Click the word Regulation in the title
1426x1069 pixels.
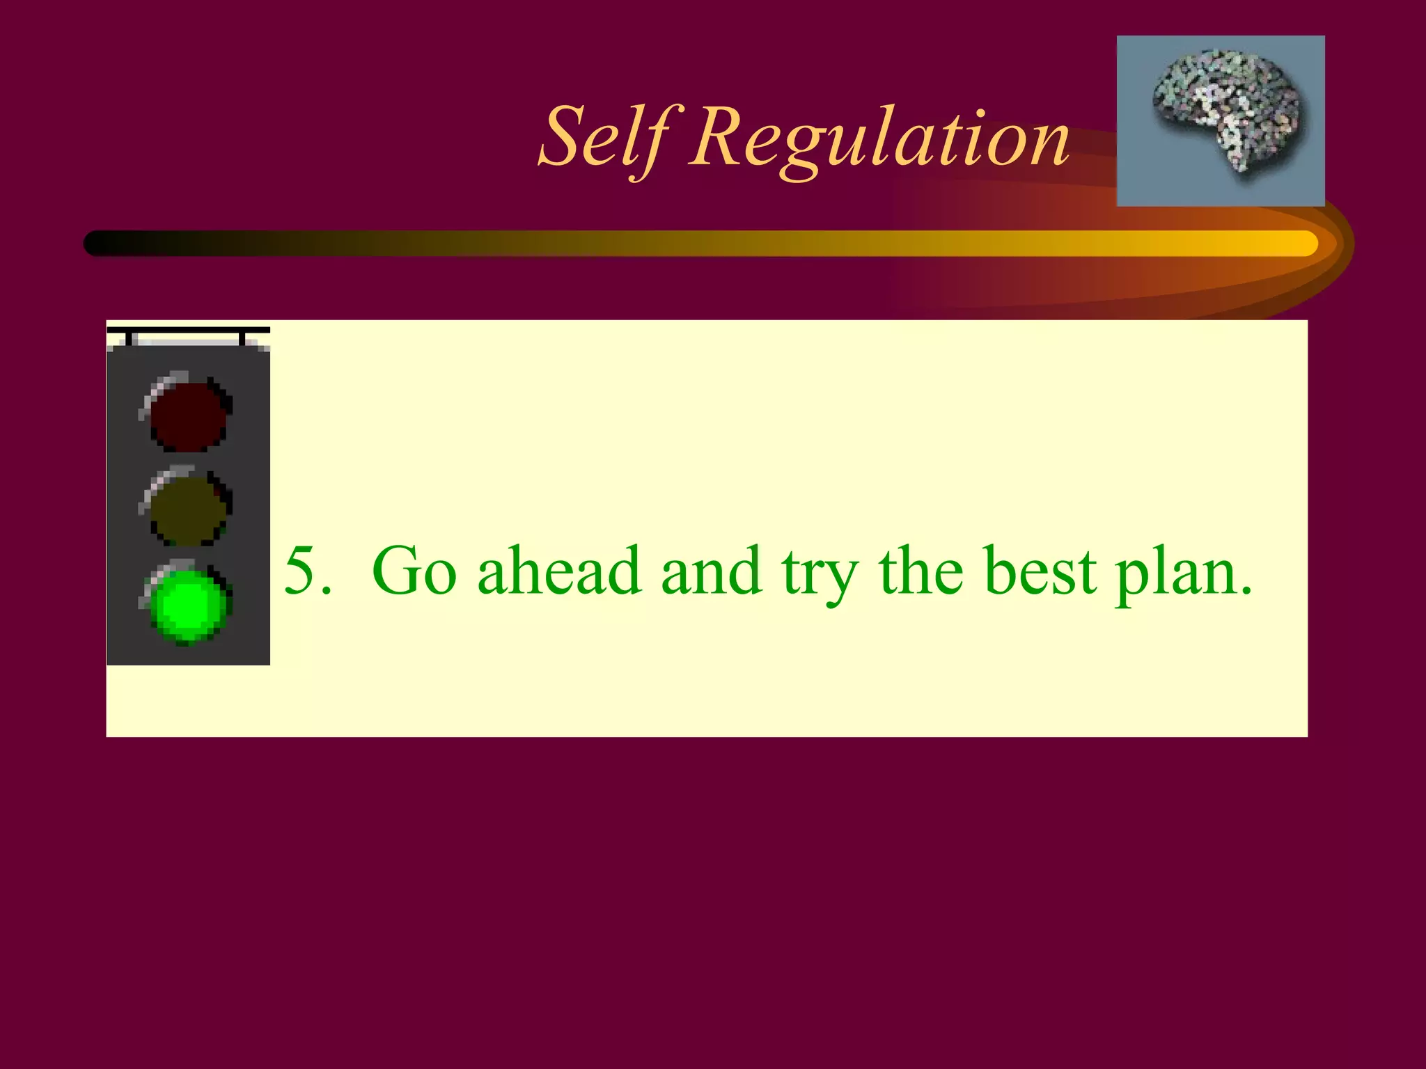pyautogui.click(x=879, y=139)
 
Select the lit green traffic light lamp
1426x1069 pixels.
pyautogui.click(x=187, y=604)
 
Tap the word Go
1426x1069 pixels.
pyautogui.click(x=414, y=571)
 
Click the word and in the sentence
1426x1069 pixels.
pyautogui.click(x=711, y=571)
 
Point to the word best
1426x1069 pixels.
pyautogui.click(x=1041, y=571)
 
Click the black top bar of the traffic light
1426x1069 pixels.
pyautogui.click(x=188, y=330)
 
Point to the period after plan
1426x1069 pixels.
pyautogui.click(x=1246, y=592)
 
